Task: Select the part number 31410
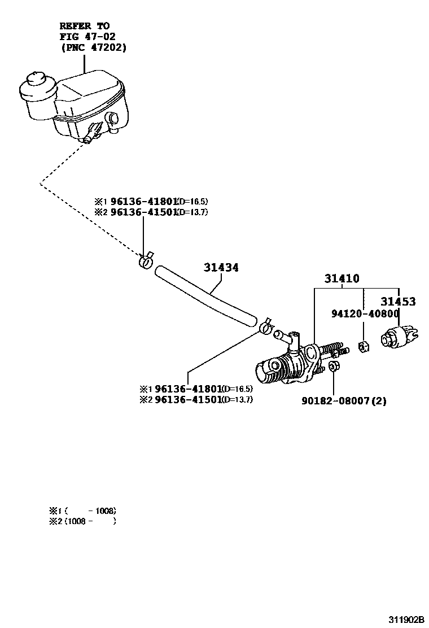click(342, 279)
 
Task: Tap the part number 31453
click(397, 302)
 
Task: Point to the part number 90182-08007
click(339, 401)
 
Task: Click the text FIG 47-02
click(87, 37)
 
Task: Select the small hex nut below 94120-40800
click(365, 346)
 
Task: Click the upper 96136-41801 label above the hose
click(144, 201)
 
